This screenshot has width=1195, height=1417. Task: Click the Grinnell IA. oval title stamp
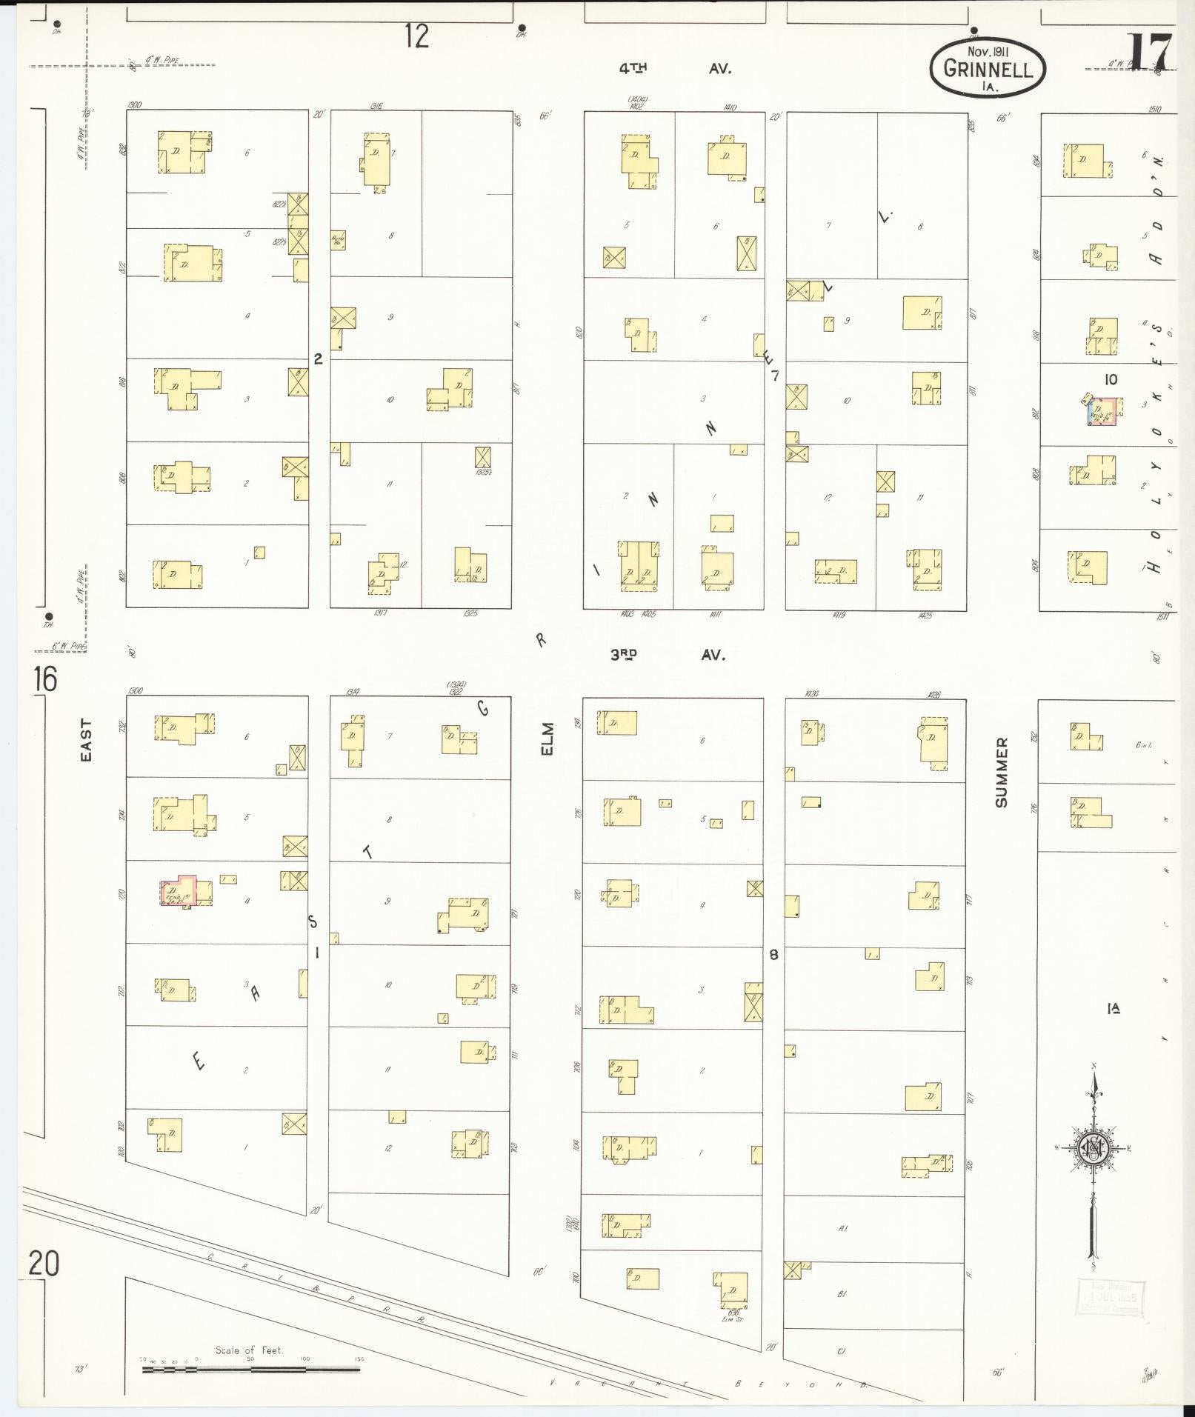click(988, 68)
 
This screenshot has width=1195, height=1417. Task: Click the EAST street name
click(87, 739)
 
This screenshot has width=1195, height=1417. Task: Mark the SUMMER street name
click(1002, 772)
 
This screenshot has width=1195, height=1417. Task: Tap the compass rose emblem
click(1093, 1149)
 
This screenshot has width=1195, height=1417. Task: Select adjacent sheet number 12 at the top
click(417, 36)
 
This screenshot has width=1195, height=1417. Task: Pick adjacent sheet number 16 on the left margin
click(44, 679)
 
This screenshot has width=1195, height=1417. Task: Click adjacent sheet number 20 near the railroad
click(44, 1263)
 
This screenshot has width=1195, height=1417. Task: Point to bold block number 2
click(318, 359)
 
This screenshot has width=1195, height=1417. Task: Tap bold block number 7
click(775, 376)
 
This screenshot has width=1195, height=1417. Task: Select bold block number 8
click(773, 955)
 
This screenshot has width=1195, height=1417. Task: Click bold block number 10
click(1111, 379)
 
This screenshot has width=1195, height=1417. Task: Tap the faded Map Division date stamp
click(1109, 1298)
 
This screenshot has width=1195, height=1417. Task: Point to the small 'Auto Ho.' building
click(338, 240)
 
